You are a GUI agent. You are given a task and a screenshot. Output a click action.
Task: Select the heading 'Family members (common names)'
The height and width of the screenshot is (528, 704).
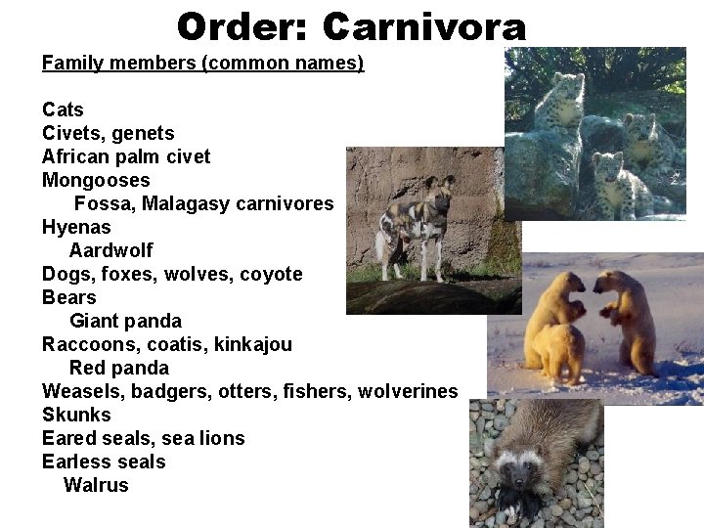coord(202,64)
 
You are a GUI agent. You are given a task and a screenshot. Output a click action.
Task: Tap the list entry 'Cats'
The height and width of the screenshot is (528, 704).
coord(63,110)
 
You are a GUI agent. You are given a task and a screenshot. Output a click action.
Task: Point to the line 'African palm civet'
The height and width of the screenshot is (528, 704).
coord(126,156)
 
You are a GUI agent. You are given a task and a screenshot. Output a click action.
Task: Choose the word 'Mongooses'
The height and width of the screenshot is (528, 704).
coord(96,180)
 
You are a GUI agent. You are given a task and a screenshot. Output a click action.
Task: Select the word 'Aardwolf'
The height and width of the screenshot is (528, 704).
coord(110,250)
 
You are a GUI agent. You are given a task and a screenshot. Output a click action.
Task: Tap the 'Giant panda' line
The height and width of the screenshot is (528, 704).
coord(125,321)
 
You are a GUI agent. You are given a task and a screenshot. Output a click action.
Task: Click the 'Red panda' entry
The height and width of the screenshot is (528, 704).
coord(118,368)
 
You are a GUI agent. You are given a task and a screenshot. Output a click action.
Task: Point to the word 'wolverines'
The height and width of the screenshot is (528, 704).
coord(408,391)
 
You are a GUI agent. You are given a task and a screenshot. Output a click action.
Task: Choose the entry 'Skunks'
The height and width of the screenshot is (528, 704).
coord(76,415)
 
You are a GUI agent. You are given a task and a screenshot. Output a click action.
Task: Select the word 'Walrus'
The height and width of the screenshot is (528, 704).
coord(96,485)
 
